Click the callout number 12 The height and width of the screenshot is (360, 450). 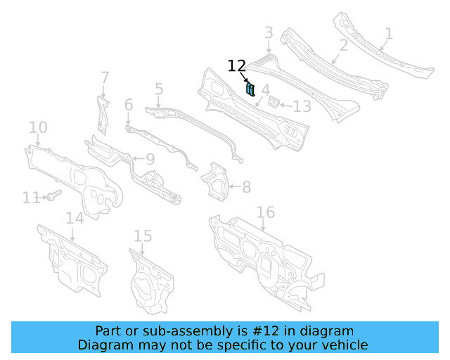pyautogui.click(x=236, y=66)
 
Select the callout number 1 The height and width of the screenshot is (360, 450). pyautogui.click(x=389, y=33)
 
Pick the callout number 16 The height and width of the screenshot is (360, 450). pyautogui.click(x=265, y=212)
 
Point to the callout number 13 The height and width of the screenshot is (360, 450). pyautogui.click(x=302, y=107)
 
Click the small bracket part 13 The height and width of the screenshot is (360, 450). pyautogui.click(x=276, y=103)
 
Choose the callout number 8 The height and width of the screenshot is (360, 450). pyautogui.click(x=246, y=188)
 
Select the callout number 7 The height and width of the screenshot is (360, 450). pyautogui.click(x=105, y=77)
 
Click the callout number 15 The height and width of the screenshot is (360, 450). pyautogui.click(x=143, y=236)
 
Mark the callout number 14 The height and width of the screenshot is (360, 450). pyautogui.click(x=75, y=218)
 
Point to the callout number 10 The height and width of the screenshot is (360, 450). pyautogui.click(x=38, y=127)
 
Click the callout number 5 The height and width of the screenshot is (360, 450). pyautogui.click(x=159, y=89)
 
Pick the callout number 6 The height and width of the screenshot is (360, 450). pyautogui.click(x=129, y=105)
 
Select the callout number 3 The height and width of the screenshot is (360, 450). pyautogui.click(x=269, y=32)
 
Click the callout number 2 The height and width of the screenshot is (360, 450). pyautogui.click(x=344, y=46)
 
